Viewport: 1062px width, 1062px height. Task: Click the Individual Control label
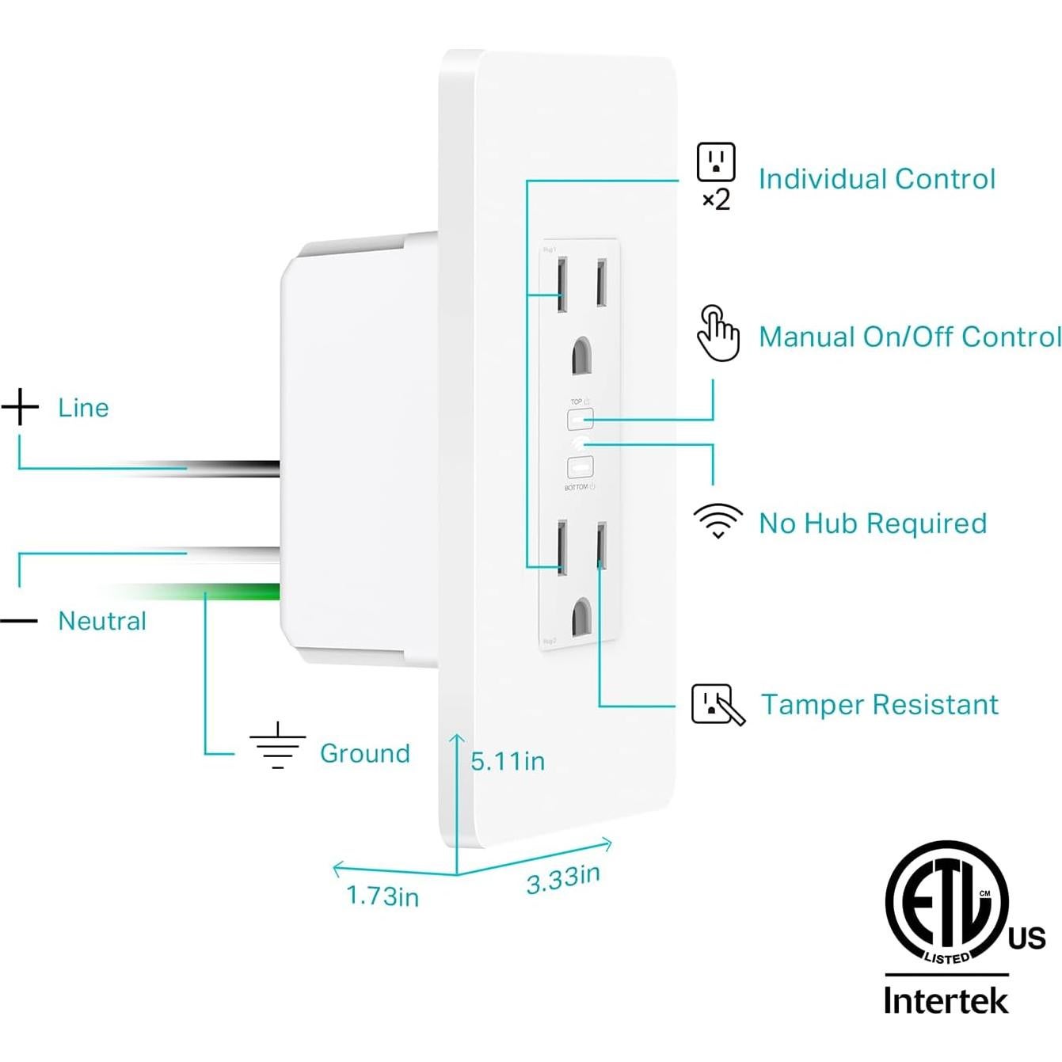click(876, 179)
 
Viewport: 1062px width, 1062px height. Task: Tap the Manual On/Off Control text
click(909, 337)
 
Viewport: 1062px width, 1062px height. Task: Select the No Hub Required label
click(872, 523)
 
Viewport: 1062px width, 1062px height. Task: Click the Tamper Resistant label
click(879, 704)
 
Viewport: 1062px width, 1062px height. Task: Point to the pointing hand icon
click(718, 333)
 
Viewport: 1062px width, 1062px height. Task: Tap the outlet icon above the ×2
click(716, 162)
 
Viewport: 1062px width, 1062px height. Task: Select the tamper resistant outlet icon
click(717, 704)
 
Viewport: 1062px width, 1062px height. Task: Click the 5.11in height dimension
click(508, 761)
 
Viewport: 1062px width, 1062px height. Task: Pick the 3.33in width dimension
click(563, 878)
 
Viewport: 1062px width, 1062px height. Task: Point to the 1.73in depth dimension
click(383, 896)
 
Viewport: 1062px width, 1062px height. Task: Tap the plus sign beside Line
click(20, 407)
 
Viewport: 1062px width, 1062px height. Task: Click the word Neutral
click(102, 621)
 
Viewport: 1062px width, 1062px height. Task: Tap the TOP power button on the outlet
click(580, 419)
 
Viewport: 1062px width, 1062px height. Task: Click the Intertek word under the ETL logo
click(946, 999)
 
